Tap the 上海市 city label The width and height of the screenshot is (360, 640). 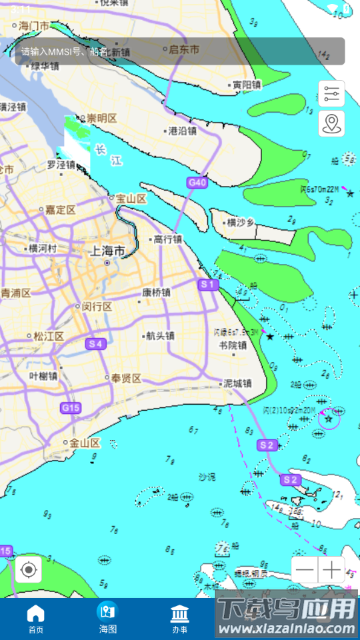[107, 251]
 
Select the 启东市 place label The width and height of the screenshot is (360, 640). [184, 49]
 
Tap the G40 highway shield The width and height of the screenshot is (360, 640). [197, 182]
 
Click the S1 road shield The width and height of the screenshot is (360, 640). [209, 285]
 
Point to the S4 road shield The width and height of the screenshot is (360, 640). [96, 344]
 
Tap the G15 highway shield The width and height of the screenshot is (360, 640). [70, 407]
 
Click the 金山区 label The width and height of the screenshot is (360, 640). [85, 443]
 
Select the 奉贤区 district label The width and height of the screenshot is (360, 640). [126, 379]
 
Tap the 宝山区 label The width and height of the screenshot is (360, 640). [131, 199]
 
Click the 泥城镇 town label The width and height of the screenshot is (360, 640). [237, 383]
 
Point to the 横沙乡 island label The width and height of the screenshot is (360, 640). [241, 223]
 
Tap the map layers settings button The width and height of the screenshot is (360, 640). [331, 94]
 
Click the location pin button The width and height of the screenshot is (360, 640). [331, 123]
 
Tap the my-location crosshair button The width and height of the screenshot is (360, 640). [29, 570]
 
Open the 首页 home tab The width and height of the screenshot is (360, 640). [35, 619]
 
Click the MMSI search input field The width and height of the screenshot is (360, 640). [180, 51]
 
